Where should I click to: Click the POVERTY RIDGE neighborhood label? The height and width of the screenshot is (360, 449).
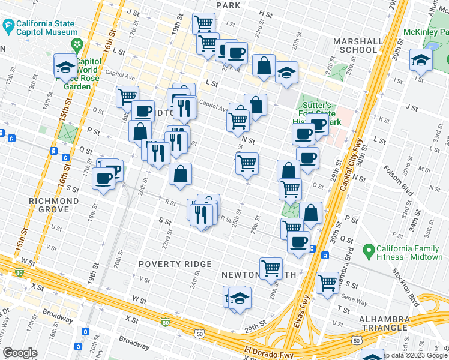pyautogui.click(x=175, y=264)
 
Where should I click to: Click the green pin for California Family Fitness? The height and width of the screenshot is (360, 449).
pyautogui.click(x=367, y=248)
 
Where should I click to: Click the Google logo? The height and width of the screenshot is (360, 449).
pyautogui.click(x=20, y=353)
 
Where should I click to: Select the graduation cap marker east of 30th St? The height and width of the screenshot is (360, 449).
pyautogui.click(x=421, y=60)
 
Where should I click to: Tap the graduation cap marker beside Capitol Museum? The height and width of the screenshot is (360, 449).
pyautogui.click(x=65, y=67)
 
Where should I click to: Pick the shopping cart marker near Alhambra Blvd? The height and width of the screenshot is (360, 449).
pyautogui.click(x=328, y=282)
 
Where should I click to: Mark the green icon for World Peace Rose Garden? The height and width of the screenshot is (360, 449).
pyautogui.click(x=77, y=44)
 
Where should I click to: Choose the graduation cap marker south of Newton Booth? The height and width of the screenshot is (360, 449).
pyautogui.click(x=240, y=298)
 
